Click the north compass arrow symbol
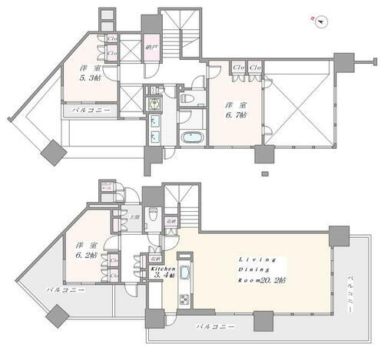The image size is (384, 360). click(322, 20)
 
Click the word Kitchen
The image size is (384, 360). click(167, 269)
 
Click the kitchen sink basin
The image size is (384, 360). click(184, 265)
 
